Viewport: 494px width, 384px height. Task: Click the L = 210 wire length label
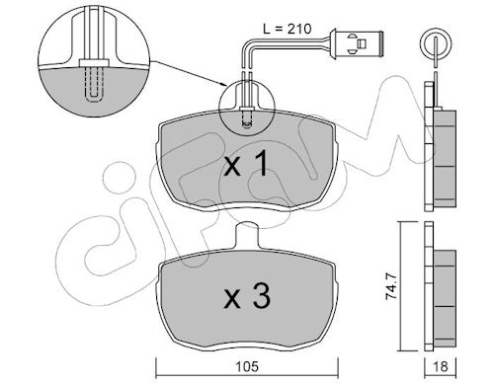pyautogui.click(x=287, y=29)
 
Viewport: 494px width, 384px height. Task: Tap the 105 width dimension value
pyautogui.click(x=247, y=366)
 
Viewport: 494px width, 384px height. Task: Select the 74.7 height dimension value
pyautogui.click(x=390, y=285)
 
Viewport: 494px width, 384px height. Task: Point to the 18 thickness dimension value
pyautogui.click(x=440, y=366)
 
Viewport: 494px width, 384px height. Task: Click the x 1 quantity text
pyautogui.click(x=246, y=165)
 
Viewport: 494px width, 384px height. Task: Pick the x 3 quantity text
pyautogui.click(x=247, y=297)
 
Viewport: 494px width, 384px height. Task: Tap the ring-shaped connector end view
pyautogui.click(x=436, y=43)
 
